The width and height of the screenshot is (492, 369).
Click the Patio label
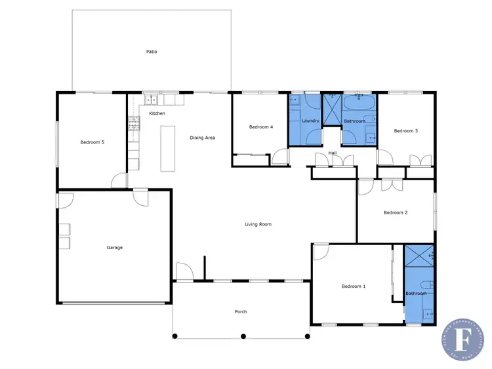pyautogui.click(x=152, y=51)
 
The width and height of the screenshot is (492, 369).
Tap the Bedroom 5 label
pyautogui.click(x=92, y=142)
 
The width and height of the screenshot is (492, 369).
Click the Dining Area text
pyautogui.click(x=202, y=138)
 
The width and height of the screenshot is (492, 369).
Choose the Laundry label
pyautogui.click(x=310, y=121)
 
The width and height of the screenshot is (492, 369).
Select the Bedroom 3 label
pyautogui.click(x=405, y=131)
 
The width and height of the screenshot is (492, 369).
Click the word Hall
pyautogui.click(x=332, y=153)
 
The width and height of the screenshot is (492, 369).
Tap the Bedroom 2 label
pyautogui.click(x=396, y=212)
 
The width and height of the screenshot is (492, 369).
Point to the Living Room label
pyautogui.click(x=258, y=224)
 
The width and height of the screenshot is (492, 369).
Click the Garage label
pyautogui.click(x=115, y=247)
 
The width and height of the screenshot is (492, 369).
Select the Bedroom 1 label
pyautogui.click(x=354, y=286)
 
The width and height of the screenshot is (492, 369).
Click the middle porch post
pyautogui.click(x=243, y=336)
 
